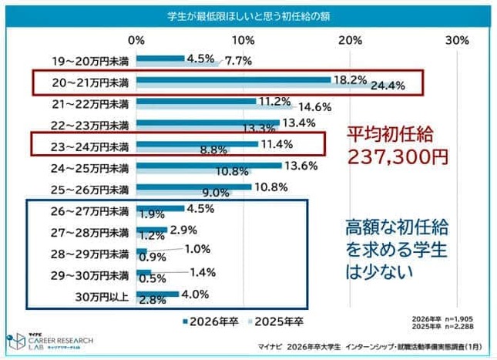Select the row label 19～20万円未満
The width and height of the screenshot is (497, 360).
90,59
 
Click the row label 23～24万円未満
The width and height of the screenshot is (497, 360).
90,143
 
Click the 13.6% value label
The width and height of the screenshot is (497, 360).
300,165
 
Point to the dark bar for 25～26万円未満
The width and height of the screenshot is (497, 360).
193,186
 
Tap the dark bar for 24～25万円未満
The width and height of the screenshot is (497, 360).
209,165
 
